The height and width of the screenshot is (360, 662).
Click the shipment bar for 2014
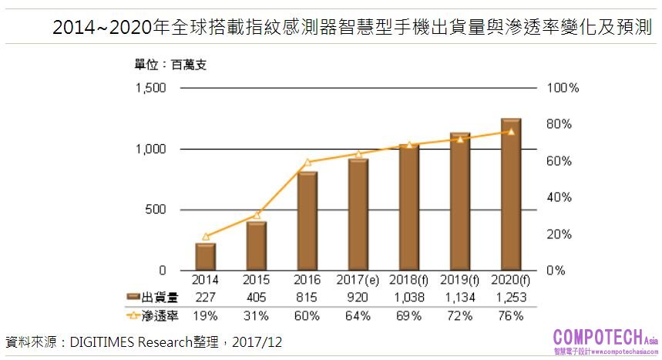205,257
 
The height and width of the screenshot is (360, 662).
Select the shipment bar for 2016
307,220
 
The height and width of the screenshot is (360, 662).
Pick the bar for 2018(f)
409,207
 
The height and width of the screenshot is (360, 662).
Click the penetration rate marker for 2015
257,214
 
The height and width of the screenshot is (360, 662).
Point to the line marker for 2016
307,162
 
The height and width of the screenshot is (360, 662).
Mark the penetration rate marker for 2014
205,237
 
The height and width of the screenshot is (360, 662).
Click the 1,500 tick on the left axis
151,88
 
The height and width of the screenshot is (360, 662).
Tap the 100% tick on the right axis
562,88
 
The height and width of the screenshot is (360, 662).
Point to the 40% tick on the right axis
560,197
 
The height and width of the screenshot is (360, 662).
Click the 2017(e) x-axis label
358,280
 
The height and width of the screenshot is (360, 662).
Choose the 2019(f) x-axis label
459,280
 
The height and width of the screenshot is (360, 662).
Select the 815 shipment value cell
307,298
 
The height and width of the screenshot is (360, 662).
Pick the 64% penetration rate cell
358,315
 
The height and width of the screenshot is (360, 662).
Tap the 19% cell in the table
205,315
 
